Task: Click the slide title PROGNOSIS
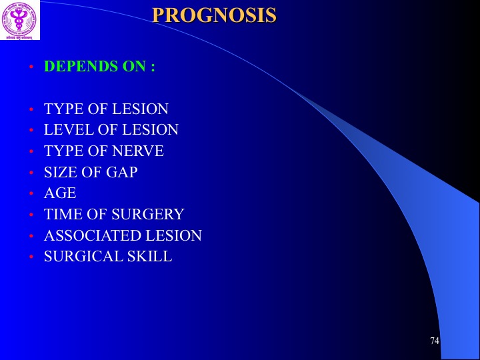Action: tap(214, 15)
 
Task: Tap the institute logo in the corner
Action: tap(19, 19)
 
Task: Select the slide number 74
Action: tap(435, 341)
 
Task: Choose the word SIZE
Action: tap(61, 172)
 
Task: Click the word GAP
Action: tap(121, 172)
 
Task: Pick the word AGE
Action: tap(60, 193)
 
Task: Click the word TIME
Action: tap(63, 214)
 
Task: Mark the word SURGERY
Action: tap(147, 214)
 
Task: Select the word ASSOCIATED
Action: tap(93, 235)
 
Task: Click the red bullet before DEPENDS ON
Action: tap(31, 67)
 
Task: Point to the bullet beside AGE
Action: tap(31, 193)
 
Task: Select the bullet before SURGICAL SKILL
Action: tap(31, 257)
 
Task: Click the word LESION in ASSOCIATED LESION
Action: tap(173, 235)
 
